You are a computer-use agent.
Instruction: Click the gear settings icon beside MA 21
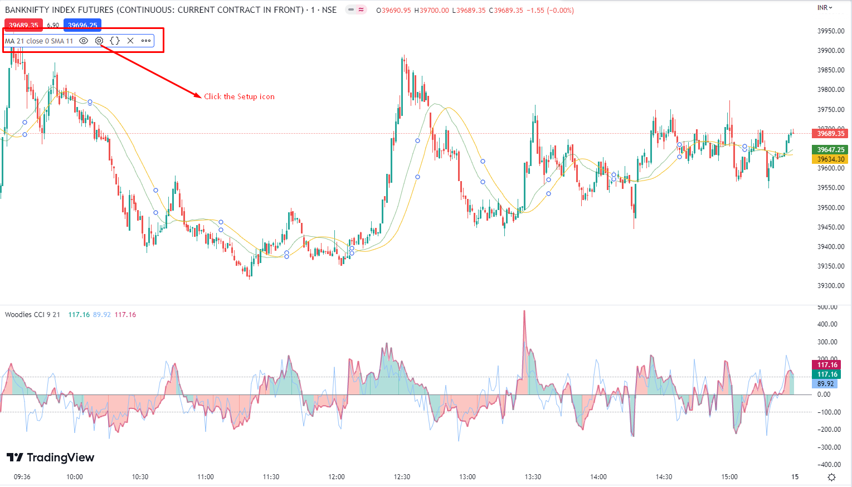99,41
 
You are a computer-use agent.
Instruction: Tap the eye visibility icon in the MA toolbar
84,41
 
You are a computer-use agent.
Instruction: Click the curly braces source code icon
115,41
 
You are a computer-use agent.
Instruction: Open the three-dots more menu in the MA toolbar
146,41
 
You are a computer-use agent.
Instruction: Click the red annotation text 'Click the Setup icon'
239,96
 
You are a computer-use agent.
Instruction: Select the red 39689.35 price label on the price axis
831,134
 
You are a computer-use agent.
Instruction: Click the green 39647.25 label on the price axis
831,150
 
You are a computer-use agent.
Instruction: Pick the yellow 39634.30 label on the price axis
831,159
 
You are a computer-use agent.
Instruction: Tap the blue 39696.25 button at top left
82,25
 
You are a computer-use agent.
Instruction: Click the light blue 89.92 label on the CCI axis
826,384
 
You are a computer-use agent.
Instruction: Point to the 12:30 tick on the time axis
402,477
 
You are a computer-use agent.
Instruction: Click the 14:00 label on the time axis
598,477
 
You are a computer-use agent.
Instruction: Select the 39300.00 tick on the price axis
831,286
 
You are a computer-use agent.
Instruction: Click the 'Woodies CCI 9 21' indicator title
32,315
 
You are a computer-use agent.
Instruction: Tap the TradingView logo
51,457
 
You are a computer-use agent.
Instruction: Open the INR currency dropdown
825,8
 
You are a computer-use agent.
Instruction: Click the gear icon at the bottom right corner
831,477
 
